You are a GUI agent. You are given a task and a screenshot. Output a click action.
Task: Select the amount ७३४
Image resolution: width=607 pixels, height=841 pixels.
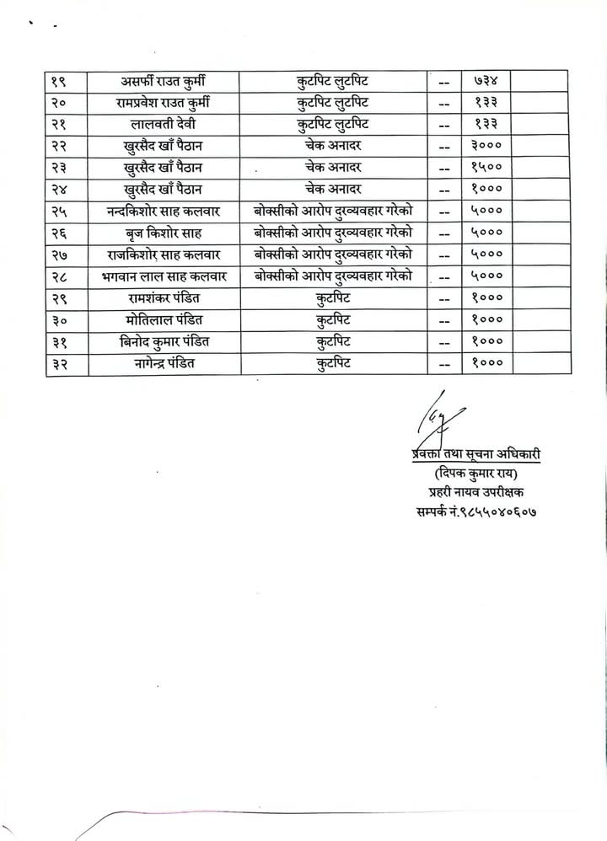click(486, 81)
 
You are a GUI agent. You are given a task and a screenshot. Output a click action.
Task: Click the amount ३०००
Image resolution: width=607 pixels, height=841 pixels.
click(486, 146)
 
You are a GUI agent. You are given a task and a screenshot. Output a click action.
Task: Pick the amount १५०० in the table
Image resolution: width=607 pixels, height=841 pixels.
click(486, 167)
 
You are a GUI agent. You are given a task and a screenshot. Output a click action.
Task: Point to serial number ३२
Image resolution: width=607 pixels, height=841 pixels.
click(61, 363)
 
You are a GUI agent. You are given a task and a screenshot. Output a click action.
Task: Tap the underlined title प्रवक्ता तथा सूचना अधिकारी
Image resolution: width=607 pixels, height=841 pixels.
click(470, 454)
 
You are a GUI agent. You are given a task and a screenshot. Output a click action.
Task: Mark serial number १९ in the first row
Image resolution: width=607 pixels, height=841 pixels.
click(61, 81)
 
